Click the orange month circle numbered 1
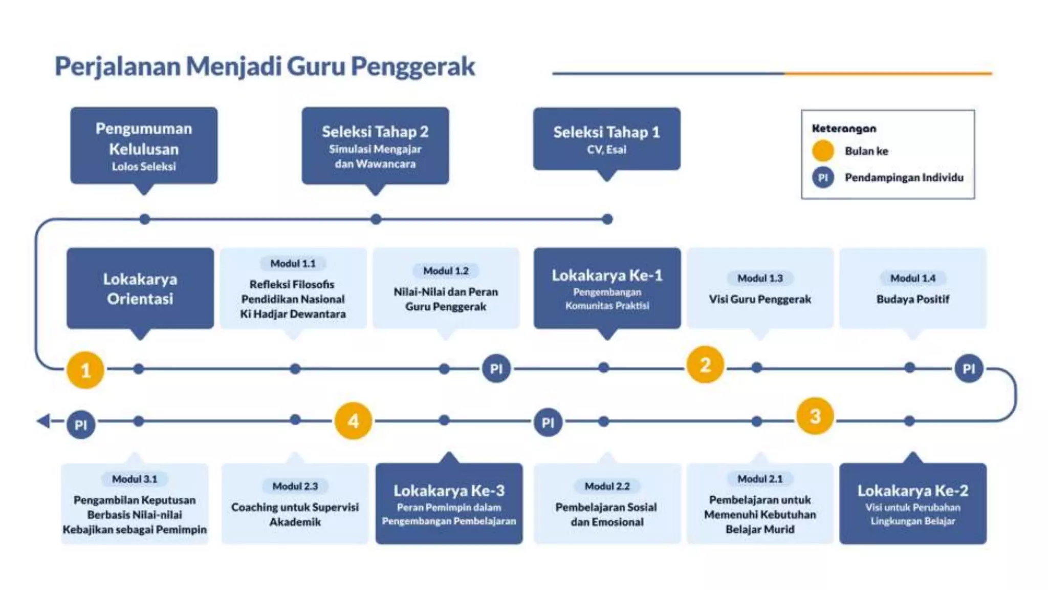(x=85, y=370)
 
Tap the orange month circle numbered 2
(x=705, y=365)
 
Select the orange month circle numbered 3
(x=815, y=416)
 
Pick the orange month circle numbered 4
(x=353, y=421)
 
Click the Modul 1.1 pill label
(x=293, y=263)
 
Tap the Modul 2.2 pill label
(x=607, y=486)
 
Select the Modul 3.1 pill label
(x=135, y=479)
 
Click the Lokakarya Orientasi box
(x=140, y=288)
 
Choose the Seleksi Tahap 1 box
(x=606, y=139)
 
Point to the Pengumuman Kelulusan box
(x=144, y=145)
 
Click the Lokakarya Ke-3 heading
(x=449, y=490)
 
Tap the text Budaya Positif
(x=912, y=299)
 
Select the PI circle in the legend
(x=823, y=178)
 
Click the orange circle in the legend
(x=823, y=151)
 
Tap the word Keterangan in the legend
(x=844, y=129)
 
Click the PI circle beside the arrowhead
(x=81, y=425)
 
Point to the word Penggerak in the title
(x=413, y=67)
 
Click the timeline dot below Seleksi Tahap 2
(x=376, y=219)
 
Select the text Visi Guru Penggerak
(x=759, y=299)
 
